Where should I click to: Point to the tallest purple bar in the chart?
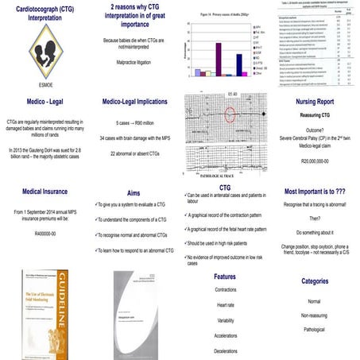[x=218, y=57]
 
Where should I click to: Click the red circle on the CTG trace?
[x=230, y=114]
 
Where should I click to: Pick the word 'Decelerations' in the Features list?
[x=225, y=349]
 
